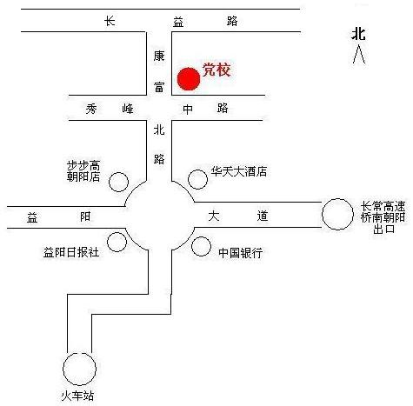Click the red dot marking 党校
[x=189, y=79]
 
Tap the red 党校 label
[x=216, y=70]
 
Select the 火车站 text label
[x=77, y=396]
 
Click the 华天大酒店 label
[x=239, y=171]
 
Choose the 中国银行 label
[x=241, y=253]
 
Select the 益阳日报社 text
[x=71, y=252]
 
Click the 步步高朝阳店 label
[x=83, y=171]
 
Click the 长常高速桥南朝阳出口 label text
[x=383, y=217]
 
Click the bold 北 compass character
[x=358, y=34]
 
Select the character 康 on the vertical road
[x=159, y=56]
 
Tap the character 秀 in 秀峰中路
[x=91, y=109]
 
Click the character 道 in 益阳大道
[x=262, y=216]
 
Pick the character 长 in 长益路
[x=110, y=21]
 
